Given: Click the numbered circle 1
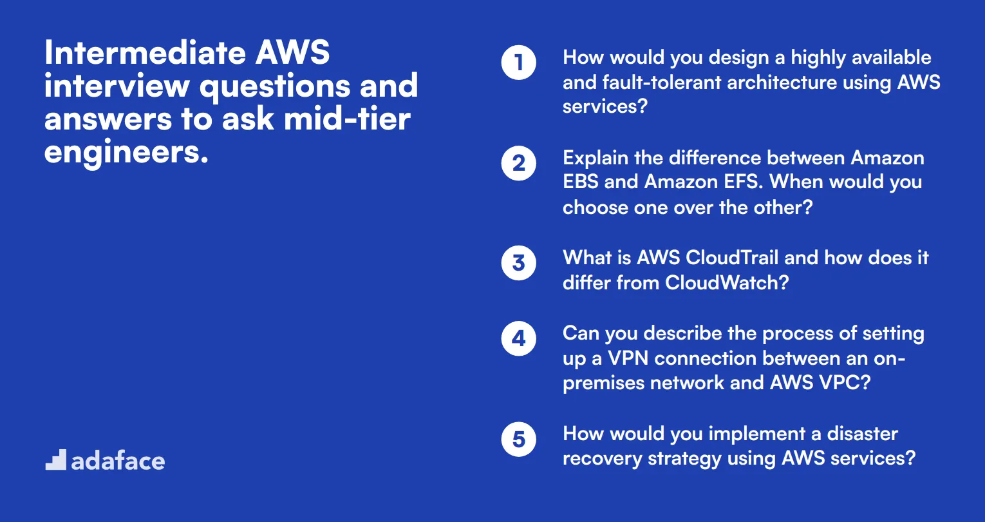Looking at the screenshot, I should pyautogui.click(x=518, y=63).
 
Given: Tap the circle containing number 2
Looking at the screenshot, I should pyautogui.click(x=518, y=164).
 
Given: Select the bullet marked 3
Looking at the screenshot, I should pyautogui.click(x=518, y=264).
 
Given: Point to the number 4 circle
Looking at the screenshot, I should pyautogui.click(x=518, y=339).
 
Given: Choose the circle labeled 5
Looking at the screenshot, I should pyautogui.click(x=518, y=440).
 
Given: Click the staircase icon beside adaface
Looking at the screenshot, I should pyautogui.click(x=56, y=460).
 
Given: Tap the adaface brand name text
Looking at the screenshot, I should pyautogui.click(x=118, y=461).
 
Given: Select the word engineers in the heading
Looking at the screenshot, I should pyautogui.click(x=126, y=152).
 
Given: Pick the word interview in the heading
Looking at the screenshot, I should pyautogui.click(x=117, y=86).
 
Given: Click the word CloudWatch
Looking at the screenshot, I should pyautogui.click(x=726, y=283).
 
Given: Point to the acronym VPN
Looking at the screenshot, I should pyautogui.click(x=628, y=358).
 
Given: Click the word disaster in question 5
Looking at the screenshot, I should pyautogui.click(x=862, y=434).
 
